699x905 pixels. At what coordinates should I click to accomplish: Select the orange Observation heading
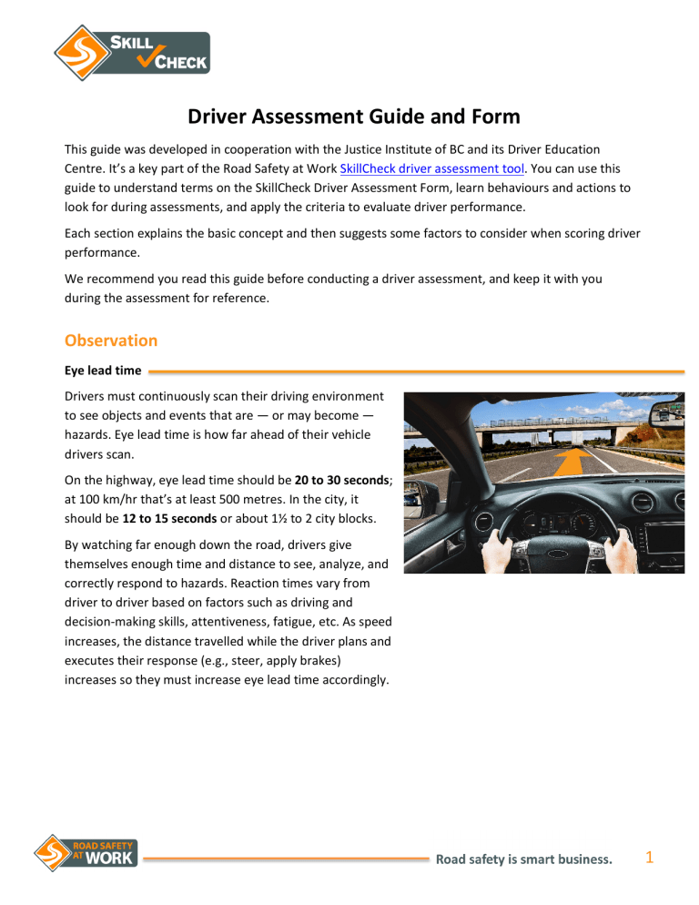[x=110, y=340]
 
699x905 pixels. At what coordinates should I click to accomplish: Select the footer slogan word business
[x=577, y=857]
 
